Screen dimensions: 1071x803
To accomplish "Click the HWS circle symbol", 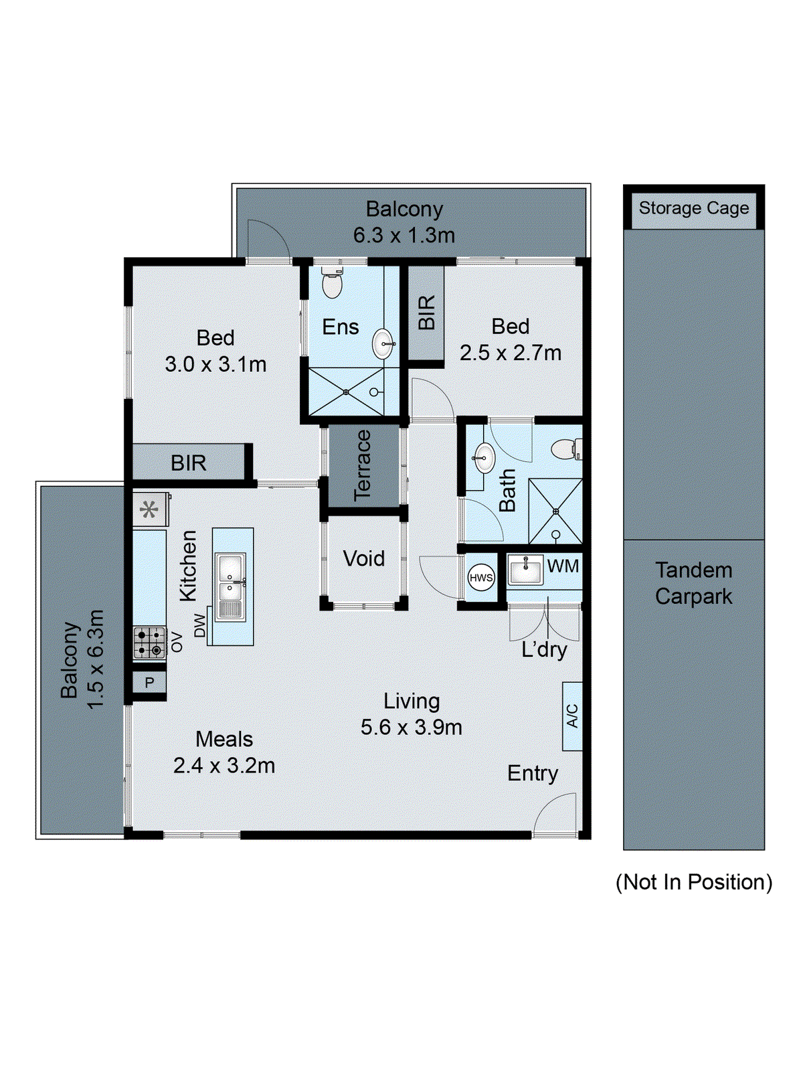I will click(x=480, y=578).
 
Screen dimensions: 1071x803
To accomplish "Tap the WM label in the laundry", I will click(x=563, y=566).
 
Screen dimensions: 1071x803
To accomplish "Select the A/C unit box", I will click(x=572, y=716).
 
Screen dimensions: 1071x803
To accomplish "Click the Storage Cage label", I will click(x=693, y=208).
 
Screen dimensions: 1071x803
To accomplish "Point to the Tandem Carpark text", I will click(x=693, y=583).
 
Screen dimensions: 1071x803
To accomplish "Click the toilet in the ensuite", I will click(x=332, y=282).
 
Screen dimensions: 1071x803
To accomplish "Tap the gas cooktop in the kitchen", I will click(x=149, y=643).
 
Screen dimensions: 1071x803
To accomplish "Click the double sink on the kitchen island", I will click(x=231, y=578).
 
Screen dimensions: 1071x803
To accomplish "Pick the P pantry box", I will click(x=149, y=683).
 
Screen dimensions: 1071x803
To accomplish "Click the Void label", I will click(x=364, y=558).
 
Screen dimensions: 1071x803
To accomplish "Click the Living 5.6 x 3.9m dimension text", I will click(x=411, y=727).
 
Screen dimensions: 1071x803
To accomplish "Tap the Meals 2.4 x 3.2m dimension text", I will click(x=224, y=765).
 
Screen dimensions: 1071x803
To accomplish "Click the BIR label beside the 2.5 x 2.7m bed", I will click(x=426, y=313).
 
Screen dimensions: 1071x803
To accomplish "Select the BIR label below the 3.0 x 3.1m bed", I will click(x=188, y=463).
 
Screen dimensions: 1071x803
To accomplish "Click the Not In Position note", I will click(x=693, y=882).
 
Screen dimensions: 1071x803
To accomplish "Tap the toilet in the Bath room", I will click(x=566, y=449).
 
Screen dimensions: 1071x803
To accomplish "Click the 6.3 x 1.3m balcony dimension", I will click(x=404, y=235).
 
